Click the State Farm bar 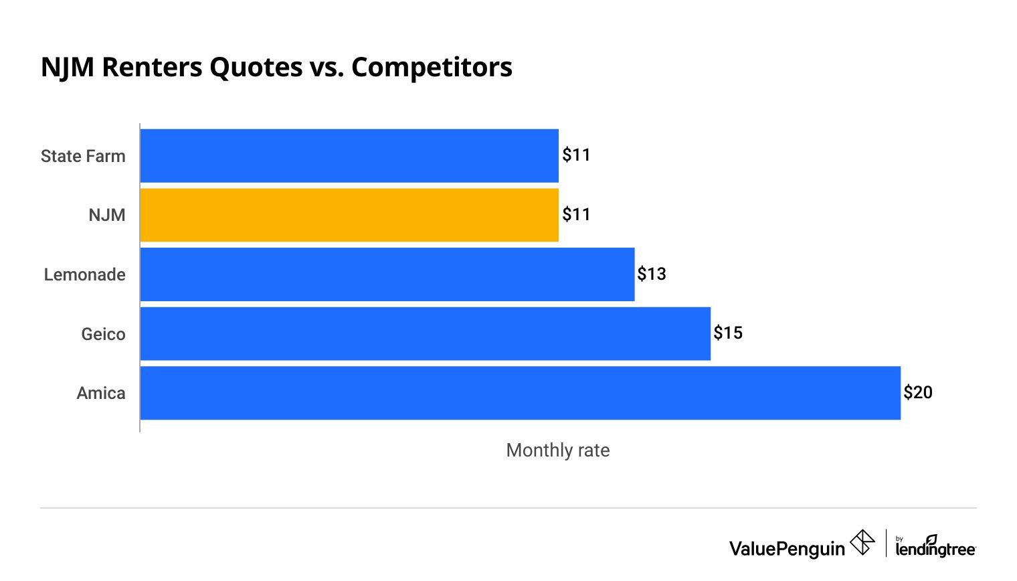click(x=349, y=155)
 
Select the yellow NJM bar click(x=349, y=215)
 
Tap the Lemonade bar click(x=387, y=274)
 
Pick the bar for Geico click(x=426, y=333)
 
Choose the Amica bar click(x=521, y=393)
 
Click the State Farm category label click(x=83, y=156)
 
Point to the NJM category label click(x=107, y=215)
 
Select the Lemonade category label click(x=85, y=274)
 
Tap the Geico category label click(x=104, y=334)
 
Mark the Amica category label click(x=101, y=393)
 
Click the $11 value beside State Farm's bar click(x=576, y=155)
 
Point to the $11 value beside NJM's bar click(x=576, y=214)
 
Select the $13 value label click(x=652, y=274)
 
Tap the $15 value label click(x=728, y=333)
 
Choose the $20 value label click(x=918, y=392)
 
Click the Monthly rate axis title click(x=558, y=450)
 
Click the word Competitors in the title click(x=432, y=67)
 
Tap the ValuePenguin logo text click(x=788, y=549)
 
